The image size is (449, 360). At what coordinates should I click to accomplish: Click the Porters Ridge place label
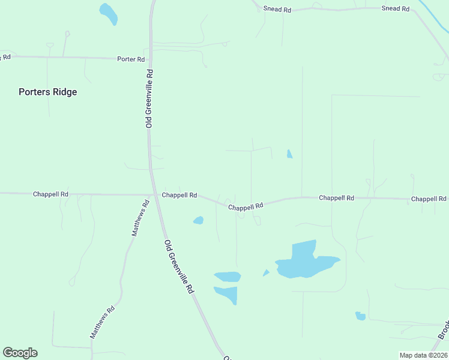tap(48, 92)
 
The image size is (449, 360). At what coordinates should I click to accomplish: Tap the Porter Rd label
tap(131, 59)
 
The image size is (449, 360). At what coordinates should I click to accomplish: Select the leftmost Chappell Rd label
tap(50, 194)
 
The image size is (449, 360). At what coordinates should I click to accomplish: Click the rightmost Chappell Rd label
tap(429, 199)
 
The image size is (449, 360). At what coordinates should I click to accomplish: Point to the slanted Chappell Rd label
tap(246, 206)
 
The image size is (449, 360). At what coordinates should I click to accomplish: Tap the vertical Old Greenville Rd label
tap(149, 98)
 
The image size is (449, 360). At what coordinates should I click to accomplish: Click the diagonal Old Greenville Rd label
tap(179, 266)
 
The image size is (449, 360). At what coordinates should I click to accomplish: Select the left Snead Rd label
tap(277, 10)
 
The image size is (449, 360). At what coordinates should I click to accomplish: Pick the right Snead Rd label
tap(396, 9)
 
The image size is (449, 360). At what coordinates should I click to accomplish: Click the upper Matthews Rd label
tap(139, 218)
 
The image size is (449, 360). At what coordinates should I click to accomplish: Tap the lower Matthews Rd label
tap(102, 323)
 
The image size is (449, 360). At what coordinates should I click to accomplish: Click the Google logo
tap(20, 353)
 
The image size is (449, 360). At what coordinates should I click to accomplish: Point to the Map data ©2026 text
tap(423, 355)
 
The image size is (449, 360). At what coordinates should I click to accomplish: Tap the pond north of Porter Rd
tap(109, 14)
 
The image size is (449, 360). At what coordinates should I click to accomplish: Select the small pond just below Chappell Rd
tap(198, 220)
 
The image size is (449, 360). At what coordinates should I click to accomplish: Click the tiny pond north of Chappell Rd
tap(289, 154)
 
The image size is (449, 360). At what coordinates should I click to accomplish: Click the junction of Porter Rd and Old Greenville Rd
tap(150, 58)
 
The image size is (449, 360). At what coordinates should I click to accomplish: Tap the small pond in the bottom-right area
tap(360, 316)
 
